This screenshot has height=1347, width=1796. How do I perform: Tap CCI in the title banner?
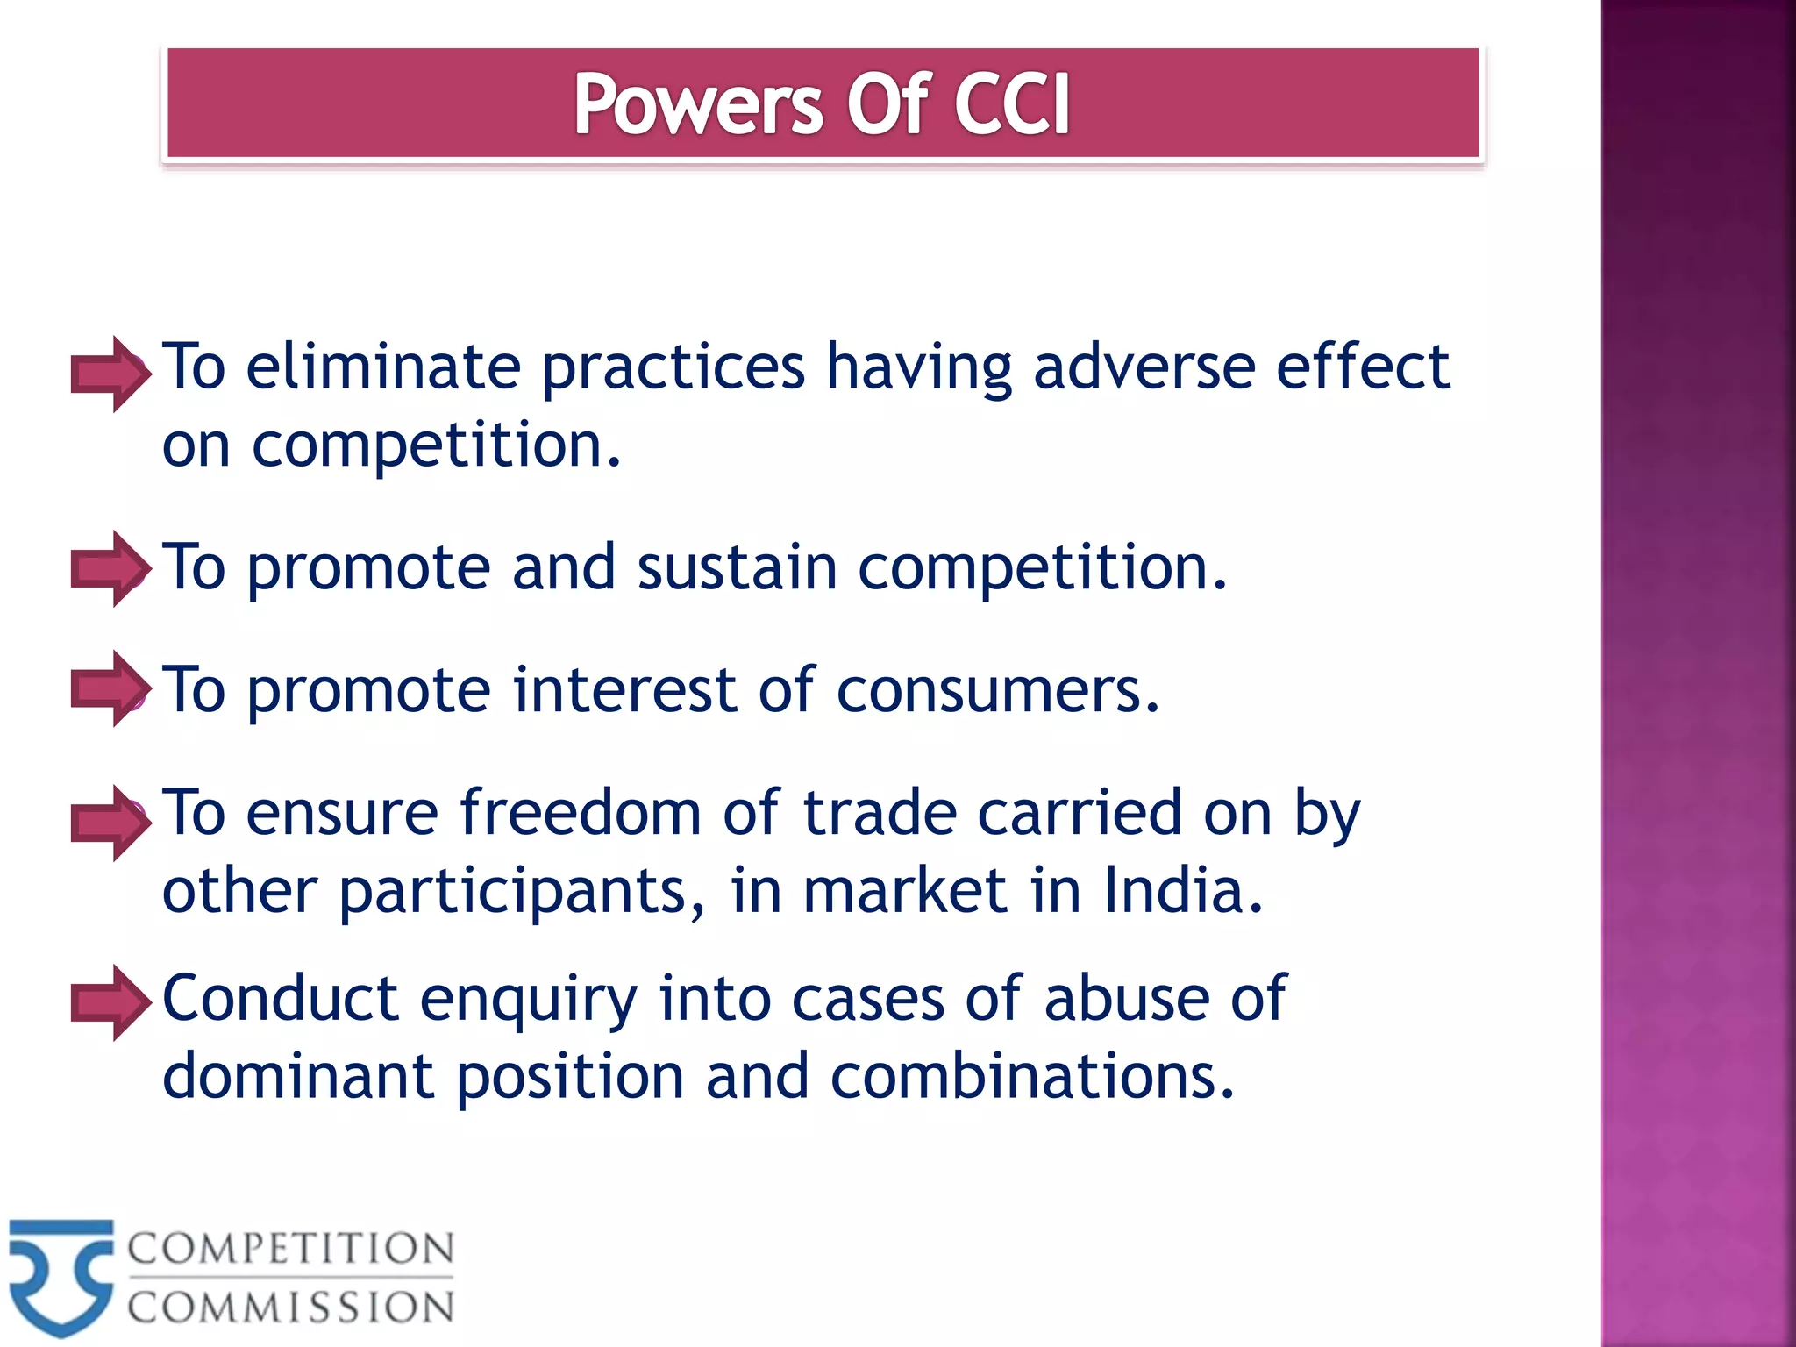1011,105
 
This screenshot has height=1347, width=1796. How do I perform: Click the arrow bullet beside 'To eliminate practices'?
110,374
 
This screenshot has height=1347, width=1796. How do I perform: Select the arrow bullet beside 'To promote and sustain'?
110,568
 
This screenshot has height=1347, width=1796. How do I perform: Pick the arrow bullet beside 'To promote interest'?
110,688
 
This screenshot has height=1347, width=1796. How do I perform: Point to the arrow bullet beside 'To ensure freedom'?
110,823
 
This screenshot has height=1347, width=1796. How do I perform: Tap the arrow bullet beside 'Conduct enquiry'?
110,1002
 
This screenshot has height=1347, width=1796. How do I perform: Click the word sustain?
737,567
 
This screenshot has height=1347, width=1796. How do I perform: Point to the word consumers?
998,690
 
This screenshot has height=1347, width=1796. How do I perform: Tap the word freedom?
580,813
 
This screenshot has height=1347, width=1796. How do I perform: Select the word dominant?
298,1077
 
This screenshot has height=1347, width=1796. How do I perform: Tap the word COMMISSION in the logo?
291,1308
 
